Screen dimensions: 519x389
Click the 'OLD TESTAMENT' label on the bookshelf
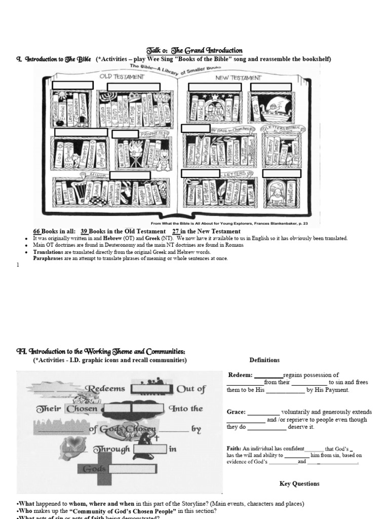click(x=122, y=77)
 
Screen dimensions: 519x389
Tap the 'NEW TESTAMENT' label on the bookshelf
click(x=238, y=78)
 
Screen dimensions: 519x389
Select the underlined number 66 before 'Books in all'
click(x=37, y=232)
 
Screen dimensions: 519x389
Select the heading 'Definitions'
click(x=264, y=360)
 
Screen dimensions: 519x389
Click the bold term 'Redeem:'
click(x=240, y=375)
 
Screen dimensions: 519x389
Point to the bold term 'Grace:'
click(x=237, y=412)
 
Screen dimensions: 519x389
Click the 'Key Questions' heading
click(x=299, y=484)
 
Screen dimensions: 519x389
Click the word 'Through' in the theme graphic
click(x=111, y=449)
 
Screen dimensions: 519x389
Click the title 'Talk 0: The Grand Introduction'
click(x=194, y=51)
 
